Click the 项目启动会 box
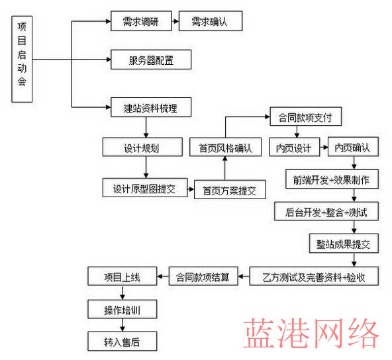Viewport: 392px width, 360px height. (x=22, y=59)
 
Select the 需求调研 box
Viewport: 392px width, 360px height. (x=141, y=21)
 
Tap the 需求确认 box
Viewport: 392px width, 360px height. (x=211, y=21)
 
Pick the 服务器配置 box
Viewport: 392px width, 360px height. (x=151, y=60)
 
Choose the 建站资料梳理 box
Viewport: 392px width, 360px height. (x=151, y=107)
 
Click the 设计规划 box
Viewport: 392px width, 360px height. (x=142, y=147)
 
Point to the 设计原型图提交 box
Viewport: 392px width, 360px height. (x=145, y=188)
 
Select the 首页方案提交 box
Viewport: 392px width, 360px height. (x=230, y=189)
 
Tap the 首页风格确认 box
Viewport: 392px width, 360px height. (x=226, y=147)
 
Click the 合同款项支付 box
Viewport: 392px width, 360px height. (x=306, y=116)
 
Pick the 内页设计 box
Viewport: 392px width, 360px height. (x=295, y=147)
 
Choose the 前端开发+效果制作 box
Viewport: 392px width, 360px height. (x=332, y=179)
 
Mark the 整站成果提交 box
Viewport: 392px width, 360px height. (x=344, y=244)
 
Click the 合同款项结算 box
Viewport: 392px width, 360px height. (x=203, y=276)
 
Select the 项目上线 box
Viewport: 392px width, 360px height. (x=122, y=276)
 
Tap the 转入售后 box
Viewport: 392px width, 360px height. (x=122, y=341)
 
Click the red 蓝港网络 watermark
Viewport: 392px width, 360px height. (x=311, y=333)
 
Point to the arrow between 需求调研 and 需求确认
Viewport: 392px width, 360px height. (x=175, y=21)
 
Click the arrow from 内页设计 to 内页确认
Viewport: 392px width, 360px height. (x=324, y=147)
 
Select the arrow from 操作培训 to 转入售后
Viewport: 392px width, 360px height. (x=122, y=325)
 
